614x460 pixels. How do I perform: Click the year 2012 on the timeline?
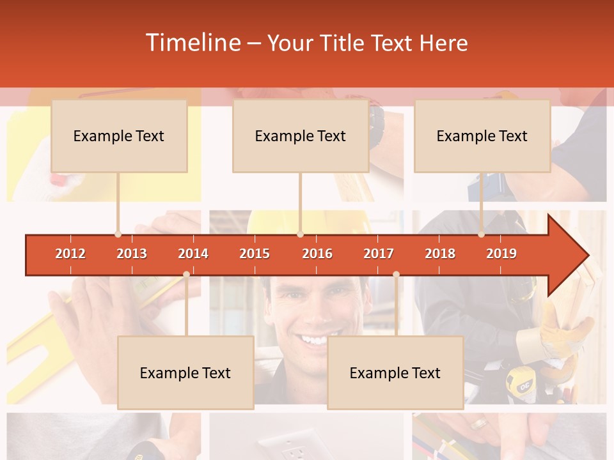tap(70, 254)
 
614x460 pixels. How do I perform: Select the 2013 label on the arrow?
tap(132, 254)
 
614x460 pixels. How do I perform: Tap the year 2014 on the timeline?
tap(193, 254)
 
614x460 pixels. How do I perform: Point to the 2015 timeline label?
tap(255, 254)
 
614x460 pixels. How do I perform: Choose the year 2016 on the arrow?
tap(317, 254)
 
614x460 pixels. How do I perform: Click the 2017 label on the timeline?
tap(379, 254)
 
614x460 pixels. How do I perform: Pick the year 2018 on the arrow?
tap(440, 254)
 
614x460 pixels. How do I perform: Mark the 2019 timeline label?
tap(501, 254)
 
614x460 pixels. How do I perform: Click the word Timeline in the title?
tap(193, 43)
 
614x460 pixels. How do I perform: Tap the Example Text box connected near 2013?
tap(119, 136)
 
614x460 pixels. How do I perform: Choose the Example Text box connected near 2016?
tap(301, 136)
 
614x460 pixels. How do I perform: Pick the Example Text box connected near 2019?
tap(482, 136)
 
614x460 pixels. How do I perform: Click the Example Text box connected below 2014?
tap(185, 372)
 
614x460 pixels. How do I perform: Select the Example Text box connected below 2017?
tap(395, 372)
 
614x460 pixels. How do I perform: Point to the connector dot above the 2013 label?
tap(118, 234)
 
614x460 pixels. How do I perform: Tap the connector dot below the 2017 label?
tap(396, 274)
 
